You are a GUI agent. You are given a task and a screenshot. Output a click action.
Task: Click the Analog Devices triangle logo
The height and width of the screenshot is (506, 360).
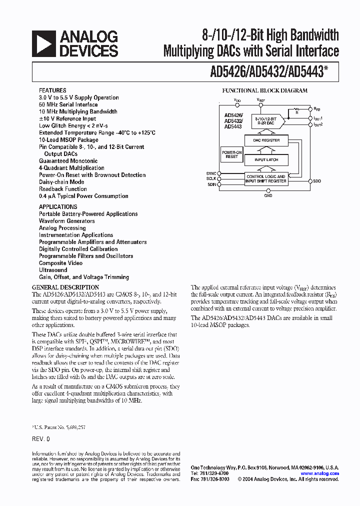tap(43, 43)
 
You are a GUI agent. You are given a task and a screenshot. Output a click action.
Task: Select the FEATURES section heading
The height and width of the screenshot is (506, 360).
tap(52, 90)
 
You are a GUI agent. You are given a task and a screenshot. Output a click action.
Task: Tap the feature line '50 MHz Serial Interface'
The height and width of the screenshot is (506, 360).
tap(68, 104)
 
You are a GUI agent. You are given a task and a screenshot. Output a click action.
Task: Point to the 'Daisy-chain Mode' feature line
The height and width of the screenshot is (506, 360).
tap(61, 182)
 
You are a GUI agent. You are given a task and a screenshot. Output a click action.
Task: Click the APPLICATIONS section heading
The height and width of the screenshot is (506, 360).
tap(58, 206)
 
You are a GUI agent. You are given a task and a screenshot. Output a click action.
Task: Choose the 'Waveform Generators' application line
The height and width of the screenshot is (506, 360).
tap(67, 221)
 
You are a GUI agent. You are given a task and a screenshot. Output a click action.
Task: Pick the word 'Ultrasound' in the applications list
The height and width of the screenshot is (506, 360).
tap(53, 270)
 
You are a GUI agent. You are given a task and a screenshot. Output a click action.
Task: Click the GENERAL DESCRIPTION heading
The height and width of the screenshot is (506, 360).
tap(65, 287)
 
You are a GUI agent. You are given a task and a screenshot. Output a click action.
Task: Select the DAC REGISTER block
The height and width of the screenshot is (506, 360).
tap(266, 140)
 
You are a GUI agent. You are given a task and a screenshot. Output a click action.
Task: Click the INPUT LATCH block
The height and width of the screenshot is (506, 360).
tap(266, 159)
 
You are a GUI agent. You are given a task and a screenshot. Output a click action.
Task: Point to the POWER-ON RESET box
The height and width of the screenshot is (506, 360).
tap(231, 154)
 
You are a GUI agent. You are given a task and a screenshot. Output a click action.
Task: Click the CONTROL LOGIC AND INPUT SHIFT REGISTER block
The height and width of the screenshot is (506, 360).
tap(265, 178)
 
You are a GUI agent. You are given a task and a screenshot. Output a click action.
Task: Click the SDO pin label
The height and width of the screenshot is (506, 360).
tap(317, 180)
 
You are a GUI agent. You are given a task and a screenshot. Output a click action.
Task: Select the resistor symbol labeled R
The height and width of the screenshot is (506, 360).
tap(296, 108)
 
